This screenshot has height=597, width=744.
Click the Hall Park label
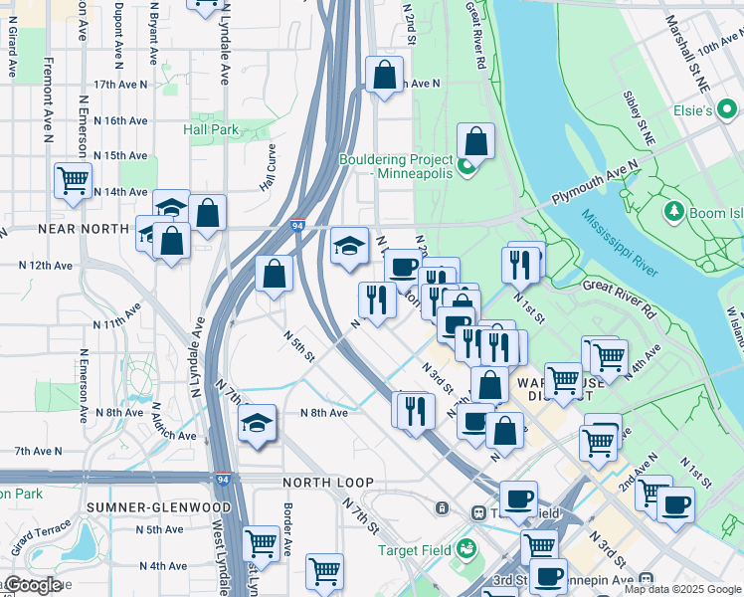211,129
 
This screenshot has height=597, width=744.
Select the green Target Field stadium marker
465,549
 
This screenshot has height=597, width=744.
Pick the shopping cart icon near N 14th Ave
74,181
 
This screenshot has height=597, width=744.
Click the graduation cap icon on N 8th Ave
257,424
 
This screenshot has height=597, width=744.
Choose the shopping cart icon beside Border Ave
261,543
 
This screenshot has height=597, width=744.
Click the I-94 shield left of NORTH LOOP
225,481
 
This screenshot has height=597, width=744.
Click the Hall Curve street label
267,167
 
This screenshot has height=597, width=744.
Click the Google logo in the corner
32,584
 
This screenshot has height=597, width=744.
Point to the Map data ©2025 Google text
682,589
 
